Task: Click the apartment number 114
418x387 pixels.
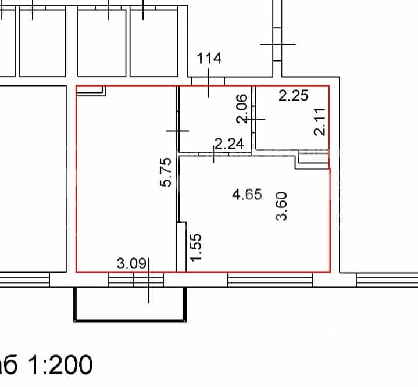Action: coord(209,58)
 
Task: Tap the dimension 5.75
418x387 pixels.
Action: coord(166,172)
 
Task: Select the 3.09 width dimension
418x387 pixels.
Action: coord(132,264)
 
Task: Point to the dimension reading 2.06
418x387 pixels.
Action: coord(242,109)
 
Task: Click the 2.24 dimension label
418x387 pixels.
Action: coord(229,144)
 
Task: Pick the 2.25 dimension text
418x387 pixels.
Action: coord(294,95)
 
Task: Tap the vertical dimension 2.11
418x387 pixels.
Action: coord(320,122)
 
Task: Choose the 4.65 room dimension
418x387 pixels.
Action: coord(247,194)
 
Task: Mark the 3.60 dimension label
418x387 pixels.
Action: coord(281,206)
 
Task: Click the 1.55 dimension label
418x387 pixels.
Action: coord(196,248)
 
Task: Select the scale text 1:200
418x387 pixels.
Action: coord(60,365)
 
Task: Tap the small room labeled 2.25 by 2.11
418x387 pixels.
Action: coord(292,118)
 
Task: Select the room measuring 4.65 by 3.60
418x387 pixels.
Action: coord(255,214)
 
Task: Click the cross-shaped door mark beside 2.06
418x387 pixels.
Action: coord(254,119)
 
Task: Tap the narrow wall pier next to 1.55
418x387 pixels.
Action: coord(181,247)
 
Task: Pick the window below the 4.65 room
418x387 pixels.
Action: coord(270,280)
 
